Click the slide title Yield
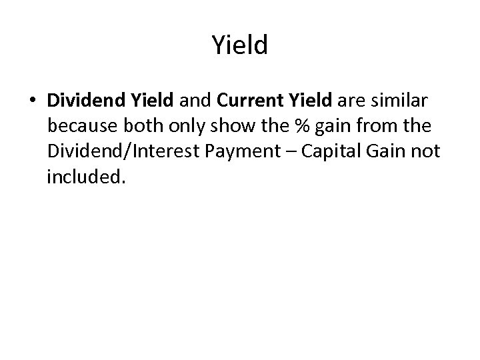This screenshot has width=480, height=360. point(240,45)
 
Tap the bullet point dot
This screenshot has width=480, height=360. point(33,101)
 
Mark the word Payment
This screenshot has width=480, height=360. point(255,153)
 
